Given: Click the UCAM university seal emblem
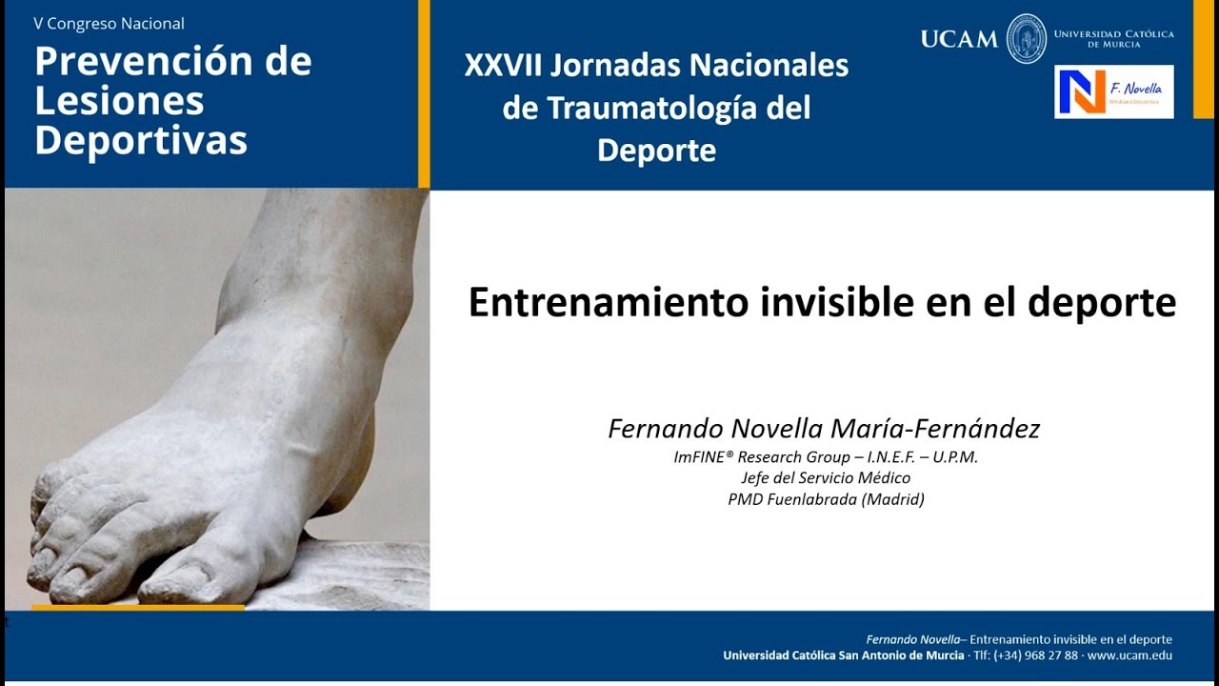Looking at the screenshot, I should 1026,39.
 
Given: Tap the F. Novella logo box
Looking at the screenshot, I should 1113,91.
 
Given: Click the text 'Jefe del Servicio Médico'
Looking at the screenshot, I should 826,478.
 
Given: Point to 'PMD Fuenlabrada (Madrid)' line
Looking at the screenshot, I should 826,499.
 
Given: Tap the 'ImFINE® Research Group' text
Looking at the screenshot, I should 762,457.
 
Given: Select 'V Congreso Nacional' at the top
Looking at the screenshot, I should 109,23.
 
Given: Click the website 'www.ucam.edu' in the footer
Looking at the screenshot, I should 1129,656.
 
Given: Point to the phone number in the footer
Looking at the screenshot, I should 1035,656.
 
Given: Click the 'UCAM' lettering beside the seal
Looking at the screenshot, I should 959,39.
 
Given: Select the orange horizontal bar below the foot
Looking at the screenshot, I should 138,607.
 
